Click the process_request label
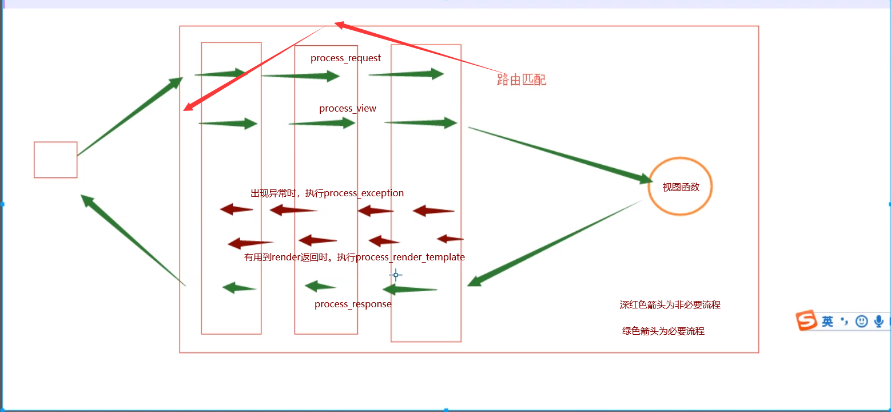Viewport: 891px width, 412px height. coord(345,58)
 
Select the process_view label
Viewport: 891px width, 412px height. coord(348,109)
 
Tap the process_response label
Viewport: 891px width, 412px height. coord(353,304)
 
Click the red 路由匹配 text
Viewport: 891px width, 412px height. coord(522,80)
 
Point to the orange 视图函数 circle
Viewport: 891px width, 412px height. coord(681,187)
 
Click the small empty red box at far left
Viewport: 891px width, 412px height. coord(55,160)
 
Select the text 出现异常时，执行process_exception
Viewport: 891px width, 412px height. coord(327,193)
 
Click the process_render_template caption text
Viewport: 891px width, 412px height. coord(355,257)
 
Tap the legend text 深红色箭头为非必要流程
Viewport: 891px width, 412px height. coord(670,305)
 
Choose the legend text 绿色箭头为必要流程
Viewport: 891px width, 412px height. coord(663,331)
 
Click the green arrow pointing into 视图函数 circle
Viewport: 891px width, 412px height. coord(560,153)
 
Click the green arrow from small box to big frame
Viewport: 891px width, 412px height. coord(130,117)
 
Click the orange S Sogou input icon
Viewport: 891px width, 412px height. coord(807,321)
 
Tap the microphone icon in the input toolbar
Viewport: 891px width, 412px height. coord(878,322)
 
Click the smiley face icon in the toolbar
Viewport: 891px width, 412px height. coord(861,322)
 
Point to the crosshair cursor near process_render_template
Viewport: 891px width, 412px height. coord(395,275)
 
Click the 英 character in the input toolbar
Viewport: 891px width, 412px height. coord(828,322)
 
